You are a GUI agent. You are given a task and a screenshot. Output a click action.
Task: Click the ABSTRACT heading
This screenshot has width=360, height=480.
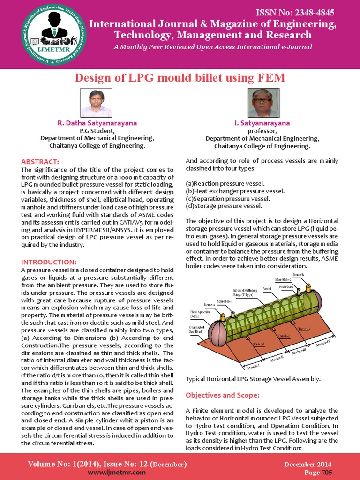[x=40, y=162]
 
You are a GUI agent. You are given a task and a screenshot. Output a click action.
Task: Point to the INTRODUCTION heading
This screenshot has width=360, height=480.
[x=49, y=262]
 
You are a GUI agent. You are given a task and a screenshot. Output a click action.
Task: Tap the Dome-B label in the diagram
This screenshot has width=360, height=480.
[x=298, y=274]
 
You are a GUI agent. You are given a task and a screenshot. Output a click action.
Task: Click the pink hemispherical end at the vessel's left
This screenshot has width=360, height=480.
[x=217, y=334]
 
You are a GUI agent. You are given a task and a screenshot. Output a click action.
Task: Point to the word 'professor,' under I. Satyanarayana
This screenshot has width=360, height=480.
[x=262, y=131]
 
